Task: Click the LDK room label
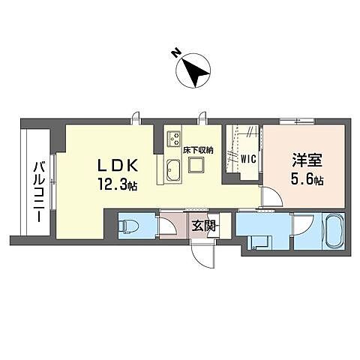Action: [x=118, y=166]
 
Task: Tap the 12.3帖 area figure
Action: [x=117, y=185]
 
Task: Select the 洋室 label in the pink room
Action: [x=307, y=160]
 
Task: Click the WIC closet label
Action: [x=248, y=159]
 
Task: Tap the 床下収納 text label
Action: [x=198, y=151]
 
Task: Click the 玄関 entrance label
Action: [x=204, y=226]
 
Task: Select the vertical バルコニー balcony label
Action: [x=40, y=191]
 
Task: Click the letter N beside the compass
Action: [x=176, y=53]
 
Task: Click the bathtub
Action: [x=334, y=231]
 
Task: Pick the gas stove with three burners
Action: [x=174, y=138]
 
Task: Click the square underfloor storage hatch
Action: [x=196, y=164]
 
